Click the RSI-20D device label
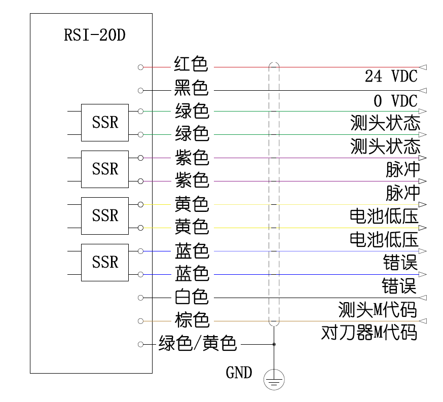[x=95, y=35]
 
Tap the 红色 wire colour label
[x=191, y=64]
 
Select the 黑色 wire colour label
[x=191, y=88]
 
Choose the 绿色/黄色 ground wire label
[x=198, y=344]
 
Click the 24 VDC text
[x=391, y=77]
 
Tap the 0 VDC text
[x=391, y=100]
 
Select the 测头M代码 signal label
[x=377, y=309]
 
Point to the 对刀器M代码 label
[x=369, y=333]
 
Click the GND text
[x=239, y=373]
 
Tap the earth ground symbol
[x=274, y=379]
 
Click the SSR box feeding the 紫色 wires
[x=105, y=169]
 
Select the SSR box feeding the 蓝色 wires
[x=105, y=262]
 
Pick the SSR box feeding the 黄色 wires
[x=105, y=215]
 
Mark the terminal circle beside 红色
[x=140, y=67]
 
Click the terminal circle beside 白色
[x=140, y=298]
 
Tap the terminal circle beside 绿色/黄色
[x=140, y=344]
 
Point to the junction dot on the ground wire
[x=274, y=344]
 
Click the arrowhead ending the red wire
[x=424, y=67]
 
